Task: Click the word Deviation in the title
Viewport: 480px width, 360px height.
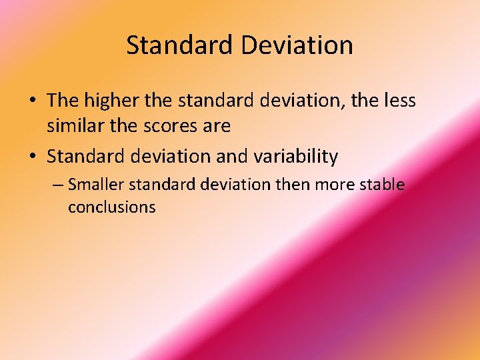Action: [x=297, y=45]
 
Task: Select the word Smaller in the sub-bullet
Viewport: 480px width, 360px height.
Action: [x=96, y=184]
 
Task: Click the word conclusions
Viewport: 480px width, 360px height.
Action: [x=111, y=207]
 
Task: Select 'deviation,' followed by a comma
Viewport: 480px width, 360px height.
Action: [x=305, y=101]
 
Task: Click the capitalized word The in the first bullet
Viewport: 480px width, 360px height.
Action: [x=63, y=101]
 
